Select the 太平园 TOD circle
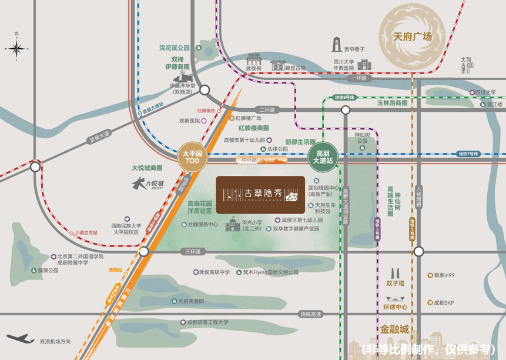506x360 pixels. click(x=193, y=157)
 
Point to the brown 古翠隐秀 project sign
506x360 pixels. click(x=260, y=195)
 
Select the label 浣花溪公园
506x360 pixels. click(x=175, y=48)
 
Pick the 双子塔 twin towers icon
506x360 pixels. click(x=396, y=274)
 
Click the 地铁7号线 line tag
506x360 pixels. click(x=468, y=154)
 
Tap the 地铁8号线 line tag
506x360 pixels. click(x=344, y=97)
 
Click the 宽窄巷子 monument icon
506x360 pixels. click(x=336, y=46)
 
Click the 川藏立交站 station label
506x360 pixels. click(x=86, y=233)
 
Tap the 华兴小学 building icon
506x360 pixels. click(x=233, y=224)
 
